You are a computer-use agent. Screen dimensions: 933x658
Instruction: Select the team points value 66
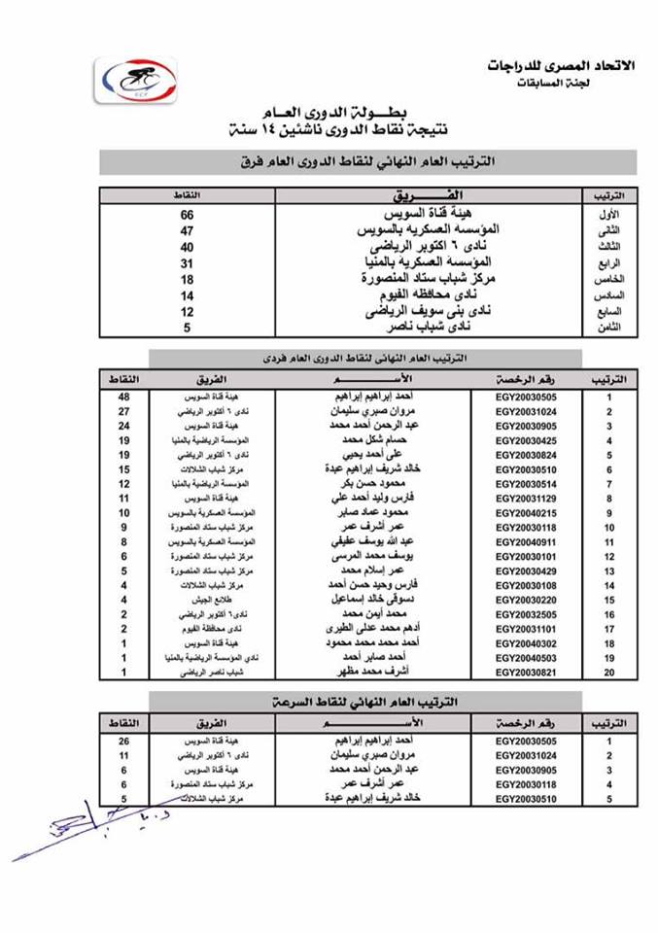(x=188, y=214)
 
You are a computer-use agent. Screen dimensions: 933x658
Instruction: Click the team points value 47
(x=188, y=230)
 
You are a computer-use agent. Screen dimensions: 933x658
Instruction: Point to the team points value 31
(x=188, y=262)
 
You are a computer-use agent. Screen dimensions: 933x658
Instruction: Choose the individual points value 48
(x=124, y=397)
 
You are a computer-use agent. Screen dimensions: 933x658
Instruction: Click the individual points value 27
(x=124, y=411)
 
